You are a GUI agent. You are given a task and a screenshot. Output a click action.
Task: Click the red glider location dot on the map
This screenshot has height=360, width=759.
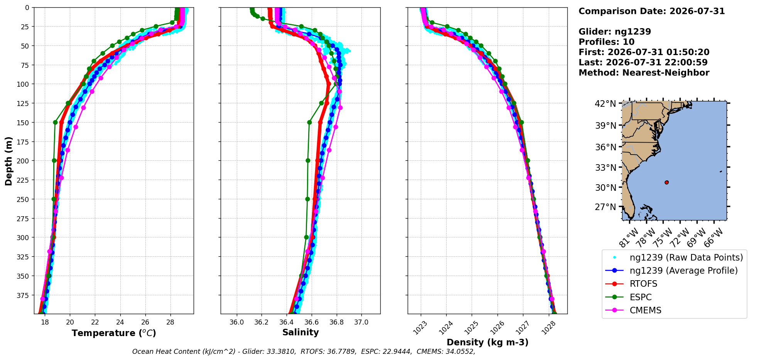coord(666,182)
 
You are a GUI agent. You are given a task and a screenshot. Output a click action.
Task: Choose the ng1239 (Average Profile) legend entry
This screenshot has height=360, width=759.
coord(671,271)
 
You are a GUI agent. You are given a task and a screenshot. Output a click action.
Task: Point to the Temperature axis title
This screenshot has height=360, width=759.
coord(114,333)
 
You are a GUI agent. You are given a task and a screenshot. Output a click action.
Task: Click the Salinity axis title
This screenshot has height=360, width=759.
coord(300,332)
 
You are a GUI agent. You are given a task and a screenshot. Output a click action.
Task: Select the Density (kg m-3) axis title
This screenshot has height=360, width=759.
coord(487,342)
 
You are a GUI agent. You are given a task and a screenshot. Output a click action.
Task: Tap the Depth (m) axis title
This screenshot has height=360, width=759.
coord(8,161)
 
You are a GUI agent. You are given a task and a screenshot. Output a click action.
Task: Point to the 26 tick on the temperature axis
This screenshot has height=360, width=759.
coord(145,322)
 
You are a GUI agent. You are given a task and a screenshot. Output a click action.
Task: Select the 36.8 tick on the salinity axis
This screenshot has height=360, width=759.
coord(336,322)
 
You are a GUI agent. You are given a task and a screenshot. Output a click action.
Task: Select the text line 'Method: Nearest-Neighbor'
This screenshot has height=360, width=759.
coord(644,73)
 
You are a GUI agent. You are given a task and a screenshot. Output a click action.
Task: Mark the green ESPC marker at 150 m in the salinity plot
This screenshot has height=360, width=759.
coord(309,122)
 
